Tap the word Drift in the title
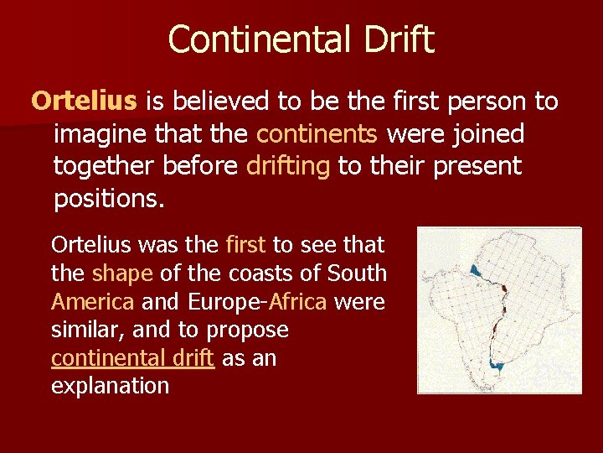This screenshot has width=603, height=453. click(399, 40)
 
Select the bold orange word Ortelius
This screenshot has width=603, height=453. click(84, 102)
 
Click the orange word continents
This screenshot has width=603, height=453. click(317, 133)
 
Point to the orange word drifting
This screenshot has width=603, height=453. click(288, 165)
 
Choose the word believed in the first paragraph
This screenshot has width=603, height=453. click(220, 102)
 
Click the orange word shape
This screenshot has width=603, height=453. click(118, 273)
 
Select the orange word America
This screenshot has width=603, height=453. click(91, 301)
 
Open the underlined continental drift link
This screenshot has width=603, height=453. click(133, 358)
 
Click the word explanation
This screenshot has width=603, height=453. click(110, 386)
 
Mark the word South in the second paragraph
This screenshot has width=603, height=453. click(357, 273)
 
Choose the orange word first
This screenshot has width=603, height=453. click(245, 245)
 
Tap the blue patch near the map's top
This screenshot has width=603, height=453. click(476, 270)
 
